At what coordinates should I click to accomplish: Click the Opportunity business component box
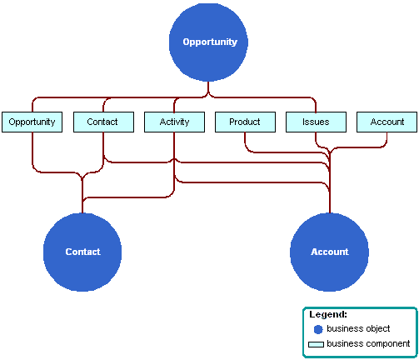32,122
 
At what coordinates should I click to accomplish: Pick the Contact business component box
102,122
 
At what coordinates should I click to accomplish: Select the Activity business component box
173,122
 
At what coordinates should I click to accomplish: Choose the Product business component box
245,122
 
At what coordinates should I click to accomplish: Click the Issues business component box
316,122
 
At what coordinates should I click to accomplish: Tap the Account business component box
387,122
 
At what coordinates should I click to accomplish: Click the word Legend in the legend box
327,315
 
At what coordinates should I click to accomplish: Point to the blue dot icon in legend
317,329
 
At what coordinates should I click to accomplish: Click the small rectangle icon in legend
317,343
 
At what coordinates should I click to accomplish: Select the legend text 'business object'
358,329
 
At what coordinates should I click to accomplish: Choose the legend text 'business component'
368,343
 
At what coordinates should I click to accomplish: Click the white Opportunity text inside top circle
209,42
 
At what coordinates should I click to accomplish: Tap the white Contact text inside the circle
82,252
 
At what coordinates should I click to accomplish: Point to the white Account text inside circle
329,252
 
